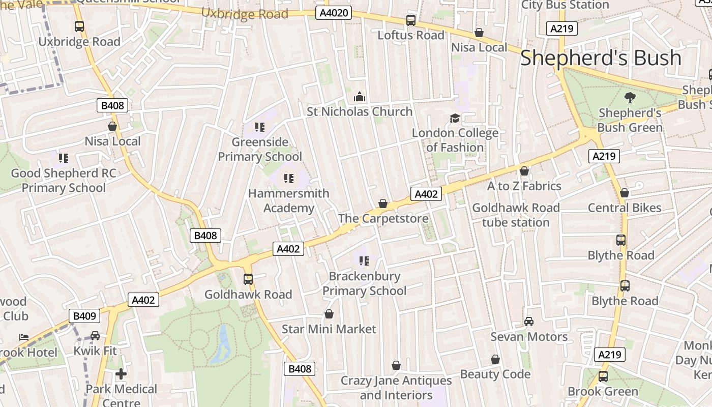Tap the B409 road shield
[84, 316]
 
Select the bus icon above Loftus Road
[410, 20]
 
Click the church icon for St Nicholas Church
[360, 97]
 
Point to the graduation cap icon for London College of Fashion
[455, 119]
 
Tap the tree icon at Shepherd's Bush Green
[630, 98]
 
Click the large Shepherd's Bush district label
[600, 58]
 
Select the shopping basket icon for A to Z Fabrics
[524, 171]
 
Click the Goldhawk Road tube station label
[516, 215]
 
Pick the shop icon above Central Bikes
[625, 193]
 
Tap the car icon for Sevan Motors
[529, 322]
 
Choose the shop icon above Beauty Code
[495, 359]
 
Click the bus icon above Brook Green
[603, 376]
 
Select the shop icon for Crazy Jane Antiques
[396, 365]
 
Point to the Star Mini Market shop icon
[329, 314]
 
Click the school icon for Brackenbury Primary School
[364, 261]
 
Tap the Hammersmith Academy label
[288, 200]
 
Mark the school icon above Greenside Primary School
[260, 127]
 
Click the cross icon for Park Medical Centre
[121, 374]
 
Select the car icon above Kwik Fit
[95, 336]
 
